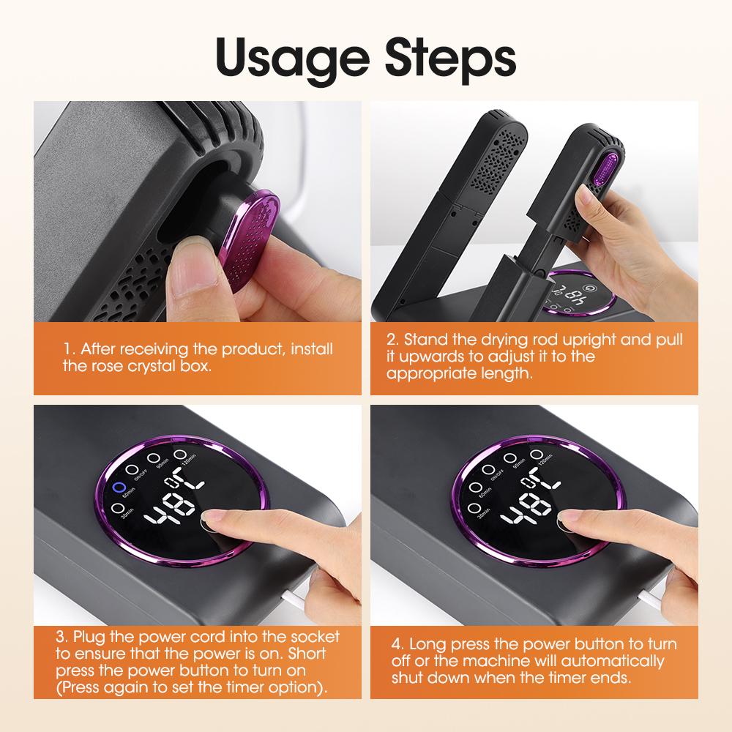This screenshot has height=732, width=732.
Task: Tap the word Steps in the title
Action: pos(446,56)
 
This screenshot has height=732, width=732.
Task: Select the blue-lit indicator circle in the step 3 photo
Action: pos(117,488)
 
